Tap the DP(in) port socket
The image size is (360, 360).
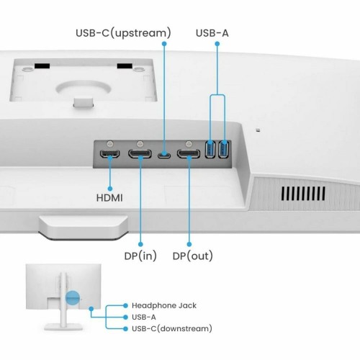(139, 153)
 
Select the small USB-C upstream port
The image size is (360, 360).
(166, 153)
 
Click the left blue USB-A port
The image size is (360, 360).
(211, 150)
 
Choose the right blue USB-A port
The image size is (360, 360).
(222, 150)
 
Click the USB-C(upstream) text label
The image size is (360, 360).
(123, 32)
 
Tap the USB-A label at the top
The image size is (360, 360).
(215, 32)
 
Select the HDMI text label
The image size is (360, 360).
(110, 197)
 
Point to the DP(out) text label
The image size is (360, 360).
(192, 256)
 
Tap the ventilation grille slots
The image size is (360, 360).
(297, 194)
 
